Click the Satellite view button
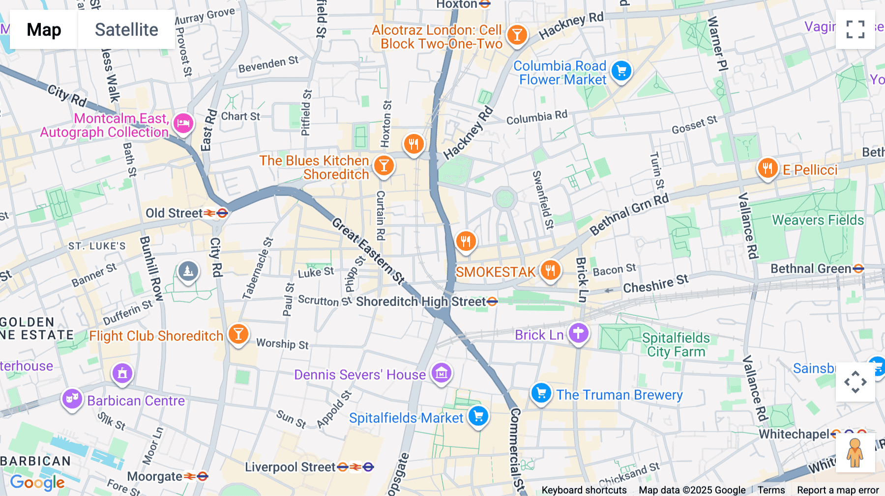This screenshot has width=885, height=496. click(126, 29)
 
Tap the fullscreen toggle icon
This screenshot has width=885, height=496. click(855, 29)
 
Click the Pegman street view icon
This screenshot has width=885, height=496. click(855, 453)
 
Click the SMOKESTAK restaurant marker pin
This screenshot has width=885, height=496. click(550, 270)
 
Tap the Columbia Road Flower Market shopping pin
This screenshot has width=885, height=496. click(621, 71)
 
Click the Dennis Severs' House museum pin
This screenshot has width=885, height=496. click(441, 373)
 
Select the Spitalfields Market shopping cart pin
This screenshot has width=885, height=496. click(478, 416)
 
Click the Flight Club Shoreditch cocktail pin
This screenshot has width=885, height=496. click(238, 334)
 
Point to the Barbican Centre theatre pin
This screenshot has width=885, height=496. click(72, 399)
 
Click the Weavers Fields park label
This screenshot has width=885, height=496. click(818, 220)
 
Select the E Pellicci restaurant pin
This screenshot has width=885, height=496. click(767, 168)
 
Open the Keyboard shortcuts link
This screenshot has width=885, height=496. click(584, 490)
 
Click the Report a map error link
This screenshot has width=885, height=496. click(837, 490)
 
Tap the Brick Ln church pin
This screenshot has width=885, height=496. click(578, 333)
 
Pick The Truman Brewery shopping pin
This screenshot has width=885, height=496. click(541, 393)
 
